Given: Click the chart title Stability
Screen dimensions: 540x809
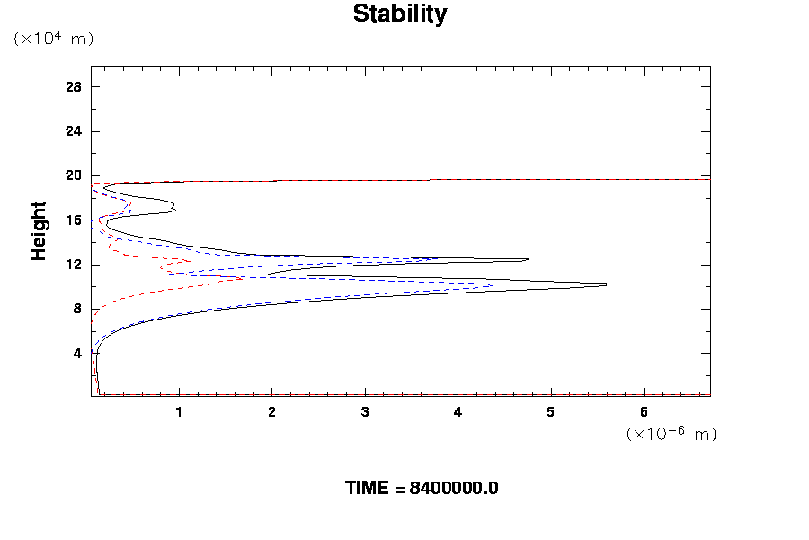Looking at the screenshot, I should [399, 14].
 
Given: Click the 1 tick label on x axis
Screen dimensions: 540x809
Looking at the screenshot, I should [179, 412].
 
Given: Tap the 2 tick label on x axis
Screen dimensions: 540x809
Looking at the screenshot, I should [271, 412].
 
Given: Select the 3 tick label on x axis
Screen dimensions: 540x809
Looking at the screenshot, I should [365, 412].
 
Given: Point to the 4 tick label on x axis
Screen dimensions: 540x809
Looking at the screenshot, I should [458, 412].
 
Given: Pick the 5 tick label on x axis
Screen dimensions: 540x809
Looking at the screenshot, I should [550, 412].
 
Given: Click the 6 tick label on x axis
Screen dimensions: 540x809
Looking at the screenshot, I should [644, 412].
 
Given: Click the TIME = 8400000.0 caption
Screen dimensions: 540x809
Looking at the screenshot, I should [422, 489].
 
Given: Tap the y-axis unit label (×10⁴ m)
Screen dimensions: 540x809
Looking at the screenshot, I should [53, 39].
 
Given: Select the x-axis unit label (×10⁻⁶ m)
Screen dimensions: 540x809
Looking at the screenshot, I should [671, 434].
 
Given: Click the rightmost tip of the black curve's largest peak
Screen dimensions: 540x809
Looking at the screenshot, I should [606, 284].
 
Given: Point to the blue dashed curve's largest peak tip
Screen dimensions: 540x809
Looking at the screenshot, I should [492, 286].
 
